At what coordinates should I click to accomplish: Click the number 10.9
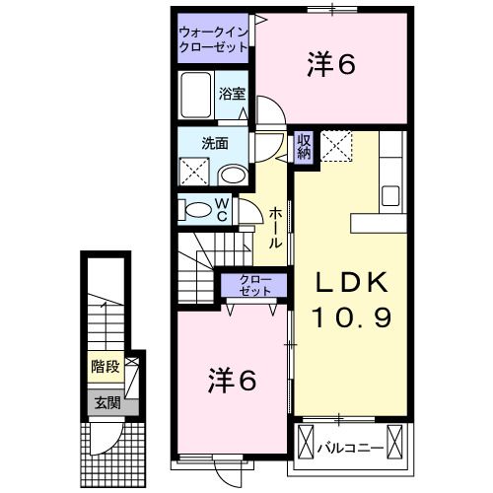[352, 317]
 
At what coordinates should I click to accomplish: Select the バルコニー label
[350, 448]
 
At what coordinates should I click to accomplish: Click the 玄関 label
[105, 401]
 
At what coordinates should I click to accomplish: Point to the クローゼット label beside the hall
[251, 286]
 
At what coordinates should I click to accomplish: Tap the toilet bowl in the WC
[198, 208]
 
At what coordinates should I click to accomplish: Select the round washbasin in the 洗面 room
[234, 175]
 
